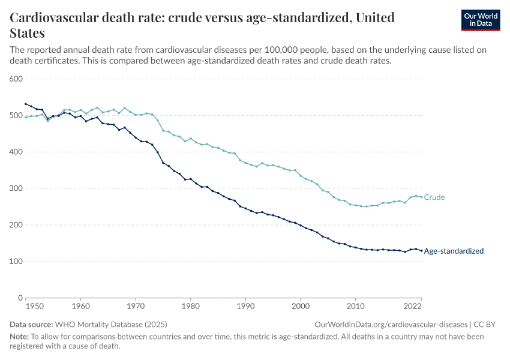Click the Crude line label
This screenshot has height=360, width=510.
tap(434, 197)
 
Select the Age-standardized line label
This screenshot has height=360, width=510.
tap(454, 251)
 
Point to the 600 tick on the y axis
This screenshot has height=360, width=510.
tap(16, 79)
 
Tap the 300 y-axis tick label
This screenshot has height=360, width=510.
tap(16, 188)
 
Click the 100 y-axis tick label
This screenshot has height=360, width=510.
tap(16, 262)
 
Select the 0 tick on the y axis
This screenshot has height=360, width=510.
tap(19, 298)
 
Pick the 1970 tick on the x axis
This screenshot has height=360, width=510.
tap(136, 306)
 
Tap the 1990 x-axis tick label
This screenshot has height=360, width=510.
tap(245, 306)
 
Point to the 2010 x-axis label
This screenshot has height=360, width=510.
tap(355, 306)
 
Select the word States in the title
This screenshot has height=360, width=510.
tap(28, 33)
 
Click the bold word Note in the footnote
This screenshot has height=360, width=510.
tap(20, 337)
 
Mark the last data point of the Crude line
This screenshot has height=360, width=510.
tap(421, 197)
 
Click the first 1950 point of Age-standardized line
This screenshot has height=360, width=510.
tap(26, 104)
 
